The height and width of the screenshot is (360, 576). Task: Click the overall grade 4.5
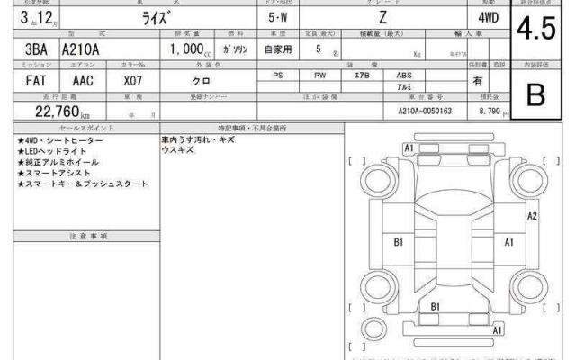coord(543,30)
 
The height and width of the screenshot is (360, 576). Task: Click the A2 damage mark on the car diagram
coord(532,216)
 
